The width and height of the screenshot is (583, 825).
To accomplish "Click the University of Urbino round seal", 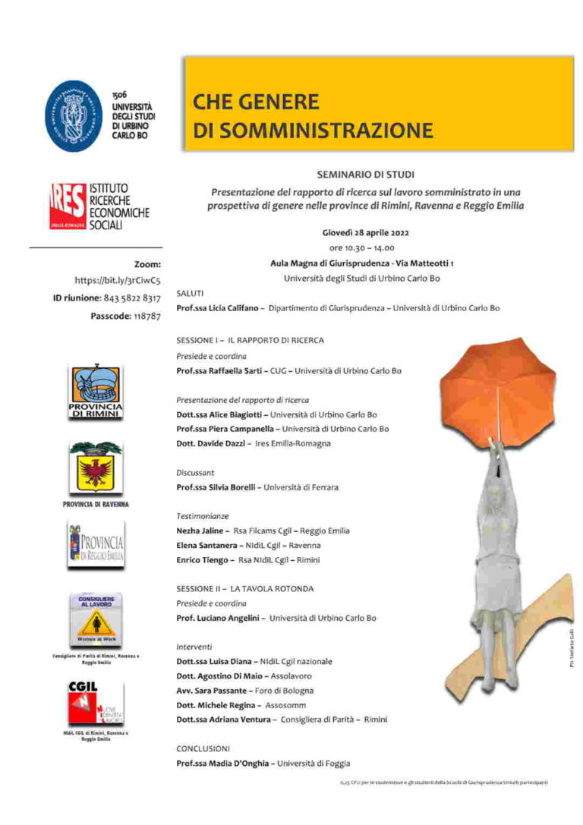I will coord(74,115).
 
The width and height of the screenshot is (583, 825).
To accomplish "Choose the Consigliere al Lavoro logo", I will coord(96,620).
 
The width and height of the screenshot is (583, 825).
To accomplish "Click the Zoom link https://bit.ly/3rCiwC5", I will coord(118,281).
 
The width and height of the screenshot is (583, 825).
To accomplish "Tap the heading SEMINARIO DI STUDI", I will coord(365,175).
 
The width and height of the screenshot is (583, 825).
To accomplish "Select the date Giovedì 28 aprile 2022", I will coord(365,233).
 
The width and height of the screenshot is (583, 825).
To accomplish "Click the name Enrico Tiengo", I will coord(202,559).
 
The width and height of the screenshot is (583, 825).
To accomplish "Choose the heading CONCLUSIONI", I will coord(203,748).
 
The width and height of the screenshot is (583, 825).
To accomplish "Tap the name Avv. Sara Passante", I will coord(214,690).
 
